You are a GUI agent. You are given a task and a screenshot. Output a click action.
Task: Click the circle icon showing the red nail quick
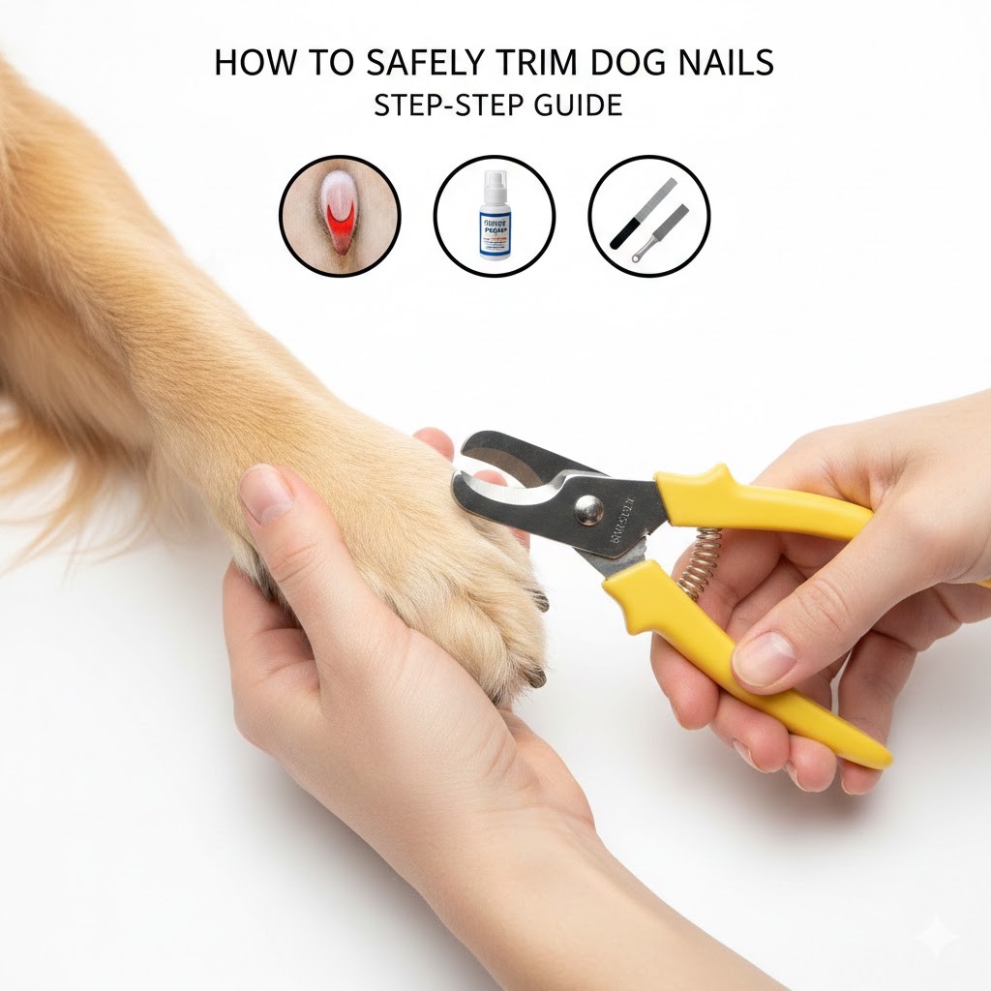click(340, 216)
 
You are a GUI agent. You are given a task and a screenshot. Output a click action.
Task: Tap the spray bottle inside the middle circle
click(494, 218)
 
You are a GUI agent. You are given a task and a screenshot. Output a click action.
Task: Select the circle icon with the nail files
click(648, 216)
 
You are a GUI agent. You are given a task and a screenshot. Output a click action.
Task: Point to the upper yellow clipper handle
click(765, 503)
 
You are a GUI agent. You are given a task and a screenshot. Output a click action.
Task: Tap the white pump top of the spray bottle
click(495, 181)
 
